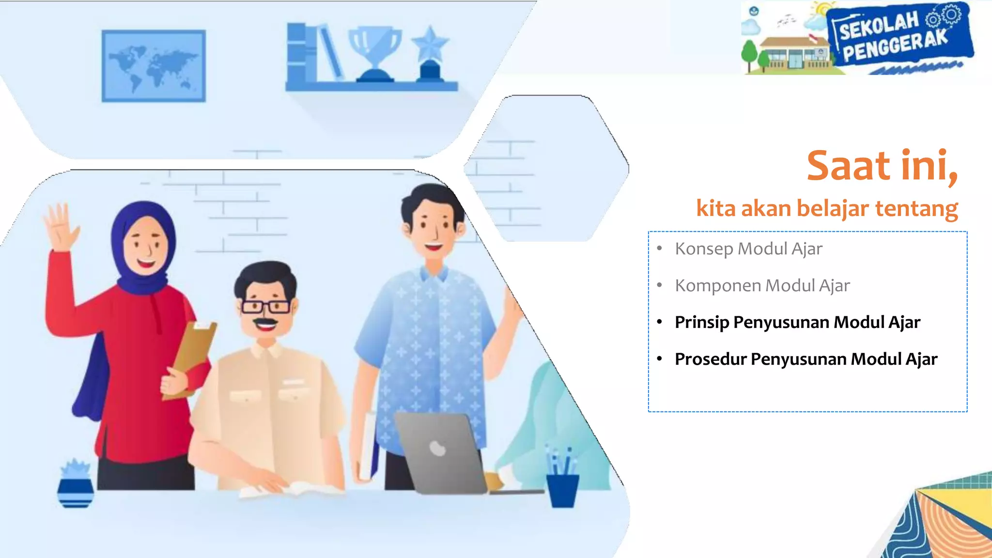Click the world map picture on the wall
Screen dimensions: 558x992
coord(154,66)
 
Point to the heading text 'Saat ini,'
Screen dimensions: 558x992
coord(882,166)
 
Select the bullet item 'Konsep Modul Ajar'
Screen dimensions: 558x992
coord(748,249)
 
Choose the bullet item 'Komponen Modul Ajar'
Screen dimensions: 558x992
coord(762,286)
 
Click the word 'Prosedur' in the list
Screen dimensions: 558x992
coord(711,359)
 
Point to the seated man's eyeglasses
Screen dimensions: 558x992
coord(265,307)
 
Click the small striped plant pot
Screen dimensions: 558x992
coord(76,492)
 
